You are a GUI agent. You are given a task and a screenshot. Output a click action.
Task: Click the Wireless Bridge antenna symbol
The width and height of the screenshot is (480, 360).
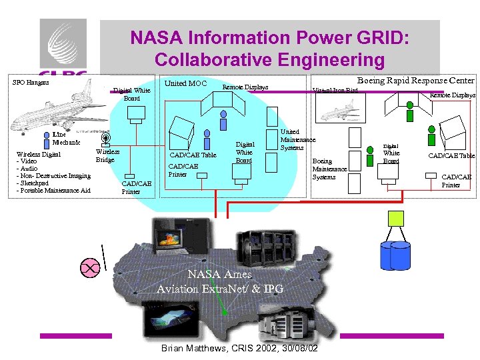(x=106, y=139)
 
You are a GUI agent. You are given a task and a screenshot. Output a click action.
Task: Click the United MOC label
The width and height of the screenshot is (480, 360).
(x=185, y=83)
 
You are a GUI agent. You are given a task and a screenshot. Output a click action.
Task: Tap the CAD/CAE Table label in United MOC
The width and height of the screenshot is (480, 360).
(x=193, y=155)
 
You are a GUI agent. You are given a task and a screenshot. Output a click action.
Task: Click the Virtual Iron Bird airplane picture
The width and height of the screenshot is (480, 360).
(x=339, y=111)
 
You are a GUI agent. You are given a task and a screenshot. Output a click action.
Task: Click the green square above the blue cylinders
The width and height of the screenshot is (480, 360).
(x=397, y=219)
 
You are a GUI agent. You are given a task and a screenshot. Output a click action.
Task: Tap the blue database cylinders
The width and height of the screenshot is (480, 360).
(x=395, y=254)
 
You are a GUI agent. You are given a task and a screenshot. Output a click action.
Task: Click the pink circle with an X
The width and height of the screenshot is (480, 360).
(x=89, y=268)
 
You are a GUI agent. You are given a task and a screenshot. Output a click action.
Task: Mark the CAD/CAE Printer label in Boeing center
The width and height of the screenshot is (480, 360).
(x=457, y=181)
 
